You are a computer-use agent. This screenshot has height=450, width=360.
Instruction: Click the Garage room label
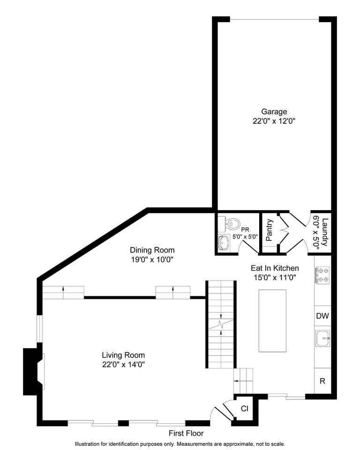274,112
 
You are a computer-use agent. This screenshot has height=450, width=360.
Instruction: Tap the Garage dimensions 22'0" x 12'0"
274,120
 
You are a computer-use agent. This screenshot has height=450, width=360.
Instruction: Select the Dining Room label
152,250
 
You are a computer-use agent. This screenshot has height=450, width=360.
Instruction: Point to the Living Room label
124,355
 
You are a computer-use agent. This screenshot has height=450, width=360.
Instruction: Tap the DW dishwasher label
322,316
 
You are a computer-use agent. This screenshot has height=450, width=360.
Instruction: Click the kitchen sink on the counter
322,337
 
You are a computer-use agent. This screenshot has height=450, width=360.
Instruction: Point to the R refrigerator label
322,381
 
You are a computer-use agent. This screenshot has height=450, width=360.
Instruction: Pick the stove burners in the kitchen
322,276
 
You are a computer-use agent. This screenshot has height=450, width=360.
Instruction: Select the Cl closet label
245,408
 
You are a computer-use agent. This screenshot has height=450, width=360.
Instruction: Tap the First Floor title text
187,433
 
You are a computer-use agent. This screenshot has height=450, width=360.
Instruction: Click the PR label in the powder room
245,230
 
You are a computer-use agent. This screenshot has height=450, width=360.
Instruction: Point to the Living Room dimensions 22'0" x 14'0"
124,364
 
